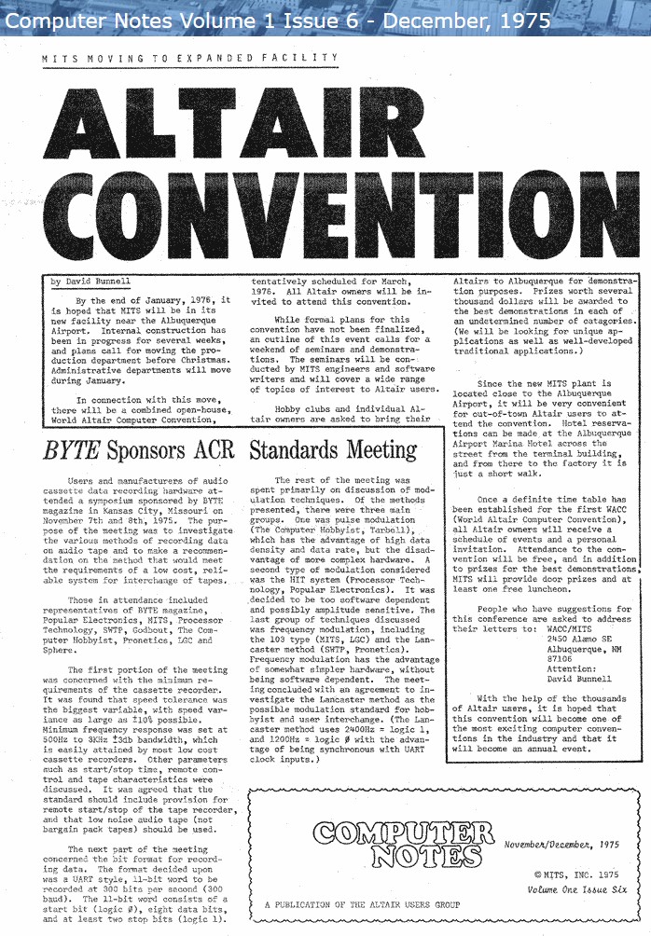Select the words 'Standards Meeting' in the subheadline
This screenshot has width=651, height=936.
(333, 451)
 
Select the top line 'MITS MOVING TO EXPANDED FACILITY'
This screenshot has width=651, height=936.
(190, 58)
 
